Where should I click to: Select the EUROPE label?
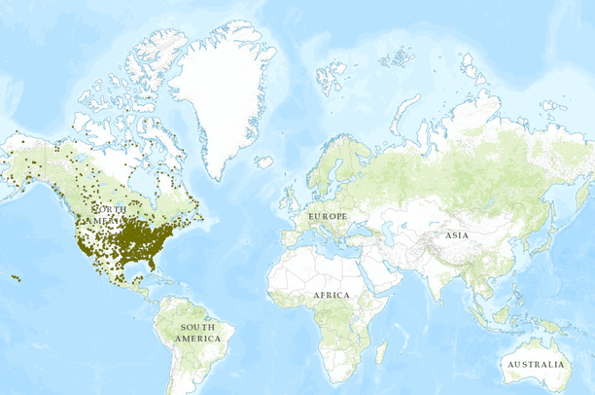328,214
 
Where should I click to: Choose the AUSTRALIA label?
534,365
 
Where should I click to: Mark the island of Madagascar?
382,350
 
